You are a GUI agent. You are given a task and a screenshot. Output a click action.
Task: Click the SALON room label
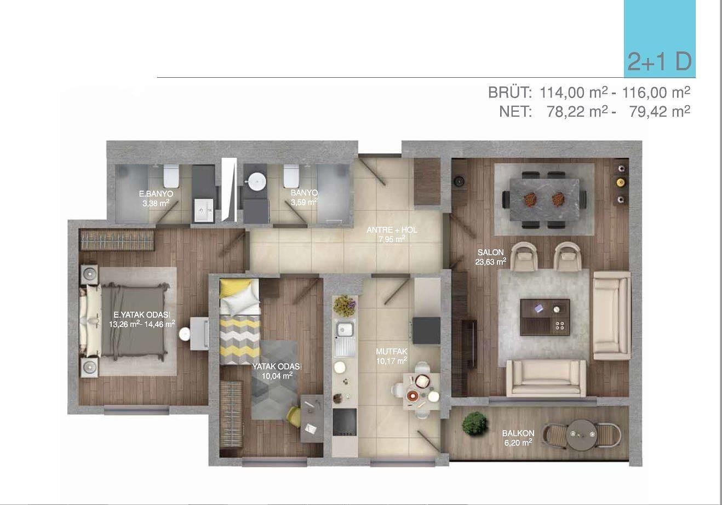[x=490, y=253]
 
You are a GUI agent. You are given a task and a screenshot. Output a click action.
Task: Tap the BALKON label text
[x=518, y=433]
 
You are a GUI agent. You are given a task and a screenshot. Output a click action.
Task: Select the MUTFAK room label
[x=392, y=352]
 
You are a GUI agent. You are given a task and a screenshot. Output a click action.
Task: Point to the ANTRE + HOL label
[x=392, y=230]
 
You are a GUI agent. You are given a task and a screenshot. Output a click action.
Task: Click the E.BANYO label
[x=156, y=194]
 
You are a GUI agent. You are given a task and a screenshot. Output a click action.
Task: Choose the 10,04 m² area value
[x=277, y=376]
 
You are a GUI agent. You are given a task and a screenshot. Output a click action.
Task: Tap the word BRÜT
[x=510, y=93]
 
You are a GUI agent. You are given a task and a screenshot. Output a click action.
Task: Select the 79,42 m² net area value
[x=660, y=112]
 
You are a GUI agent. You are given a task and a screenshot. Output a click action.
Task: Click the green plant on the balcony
[x=474, y=423]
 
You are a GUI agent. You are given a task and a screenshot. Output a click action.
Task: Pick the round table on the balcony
[x=582, y=434]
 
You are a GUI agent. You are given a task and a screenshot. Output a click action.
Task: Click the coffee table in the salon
[x=545, y=318]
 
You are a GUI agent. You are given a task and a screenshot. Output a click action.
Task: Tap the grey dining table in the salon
[x=545, y=200]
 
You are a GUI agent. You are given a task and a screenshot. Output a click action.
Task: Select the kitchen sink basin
[x=345, y=329]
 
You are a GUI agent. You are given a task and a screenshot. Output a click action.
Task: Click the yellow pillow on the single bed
[x=234, y=288]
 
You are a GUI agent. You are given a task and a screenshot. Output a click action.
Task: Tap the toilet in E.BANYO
[x=171, y=176]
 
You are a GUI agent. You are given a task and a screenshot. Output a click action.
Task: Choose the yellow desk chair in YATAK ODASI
[x=294, y=416]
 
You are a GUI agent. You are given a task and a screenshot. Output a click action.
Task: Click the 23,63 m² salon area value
[x=490, y=262]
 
